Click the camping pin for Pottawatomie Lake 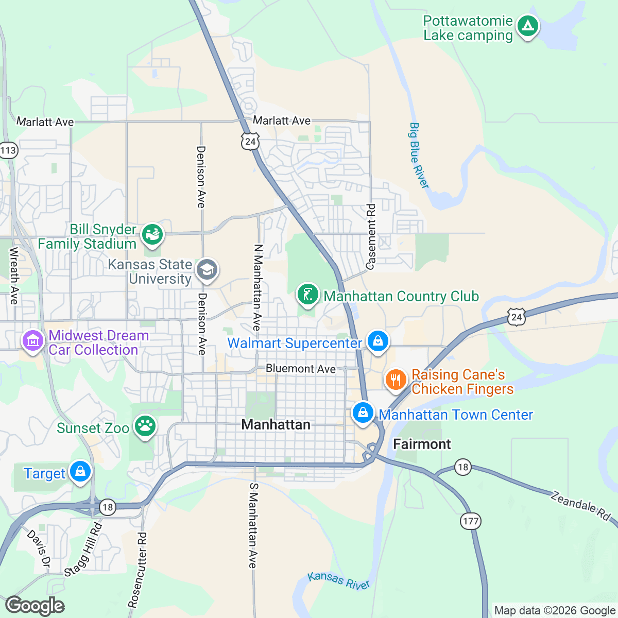pyautogui.click(x=527, y=26)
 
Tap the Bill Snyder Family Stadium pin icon pyautogui.click(x=152, y=234)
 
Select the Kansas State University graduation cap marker pyautogui.click(x=207, y=269)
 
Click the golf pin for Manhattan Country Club pyautogui.click(x=307, y=295)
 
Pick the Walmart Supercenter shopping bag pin pyautogui.click(x=378, y=341)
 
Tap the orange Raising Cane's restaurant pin pyautogui.click(x=396, y=380)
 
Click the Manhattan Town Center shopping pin pyautogui.click(x=363, y=413)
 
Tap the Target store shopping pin pyautogui.click(x=80, y=472)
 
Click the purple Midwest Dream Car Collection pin pyautogui.click(x=33, y=341)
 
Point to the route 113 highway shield pyautogui.click(x=8, y=150)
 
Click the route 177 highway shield pyautogui.click(x=471, y=521)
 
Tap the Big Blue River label pyautogui.click(x=419, y=156)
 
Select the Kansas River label pyautogui.click(x=339, y=580)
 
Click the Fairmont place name pyautogui.click(x=422, y=444)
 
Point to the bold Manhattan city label pyautogui.click(x=276, y=424)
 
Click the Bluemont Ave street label pyautogui.click(x=301, y=369)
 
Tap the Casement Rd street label pyautogui.click(x=371, y=236)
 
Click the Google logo pyautogui.click(x=35, y=606)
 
